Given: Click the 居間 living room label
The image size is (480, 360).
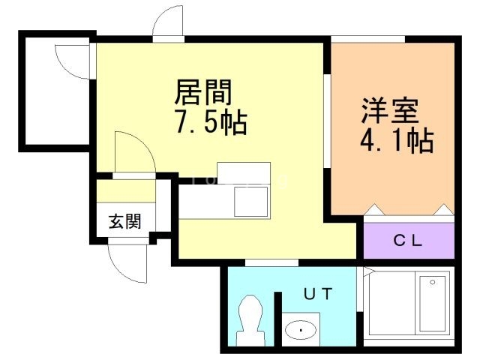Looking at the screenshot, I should coord(204,93).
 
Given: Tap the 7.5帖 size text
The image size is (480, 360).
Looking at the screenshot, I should coord(211,123).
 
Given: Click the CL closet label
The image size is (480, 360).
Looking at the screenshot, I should coord(409,241).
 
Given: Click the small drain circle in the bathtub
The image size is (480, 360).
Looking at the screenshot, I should coord(431,283).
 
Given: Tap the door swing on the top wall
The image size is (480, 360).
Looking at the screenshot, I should coord(168,22).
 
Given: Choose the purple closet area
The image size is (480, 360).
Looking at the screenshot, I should coord(409,241).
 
